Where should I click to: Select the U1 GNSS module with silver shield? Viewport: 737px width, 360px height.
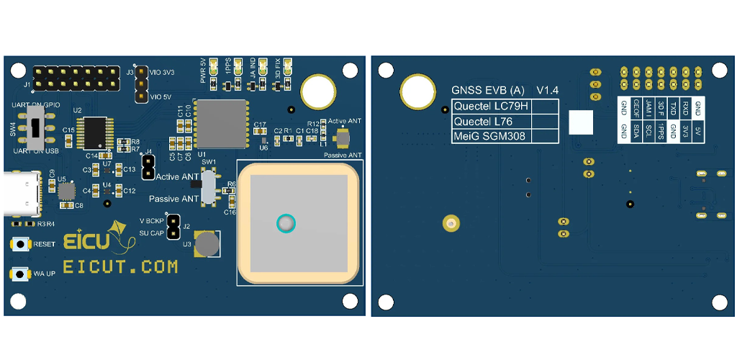[x=222, y=122]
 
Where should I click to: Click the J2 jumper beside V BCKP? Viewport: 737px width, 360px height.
[x=173, y=225]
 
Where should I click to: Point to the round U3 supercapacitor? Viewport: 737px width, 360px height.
[x=208, y=244]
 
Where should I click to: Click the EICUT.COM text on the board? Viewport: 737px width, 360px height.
[x=120, y=267]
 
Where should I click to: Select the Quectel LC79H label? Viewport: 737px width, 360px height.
[x=490, y=107]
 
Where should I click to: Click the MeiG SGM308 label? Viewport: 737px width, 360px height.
[x=490, y=136]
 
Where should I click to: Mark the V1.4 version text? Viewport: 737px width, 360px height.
[x=548, y=91]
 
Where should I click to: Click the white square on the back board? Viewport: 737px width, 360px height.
[x=581, y=123]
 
